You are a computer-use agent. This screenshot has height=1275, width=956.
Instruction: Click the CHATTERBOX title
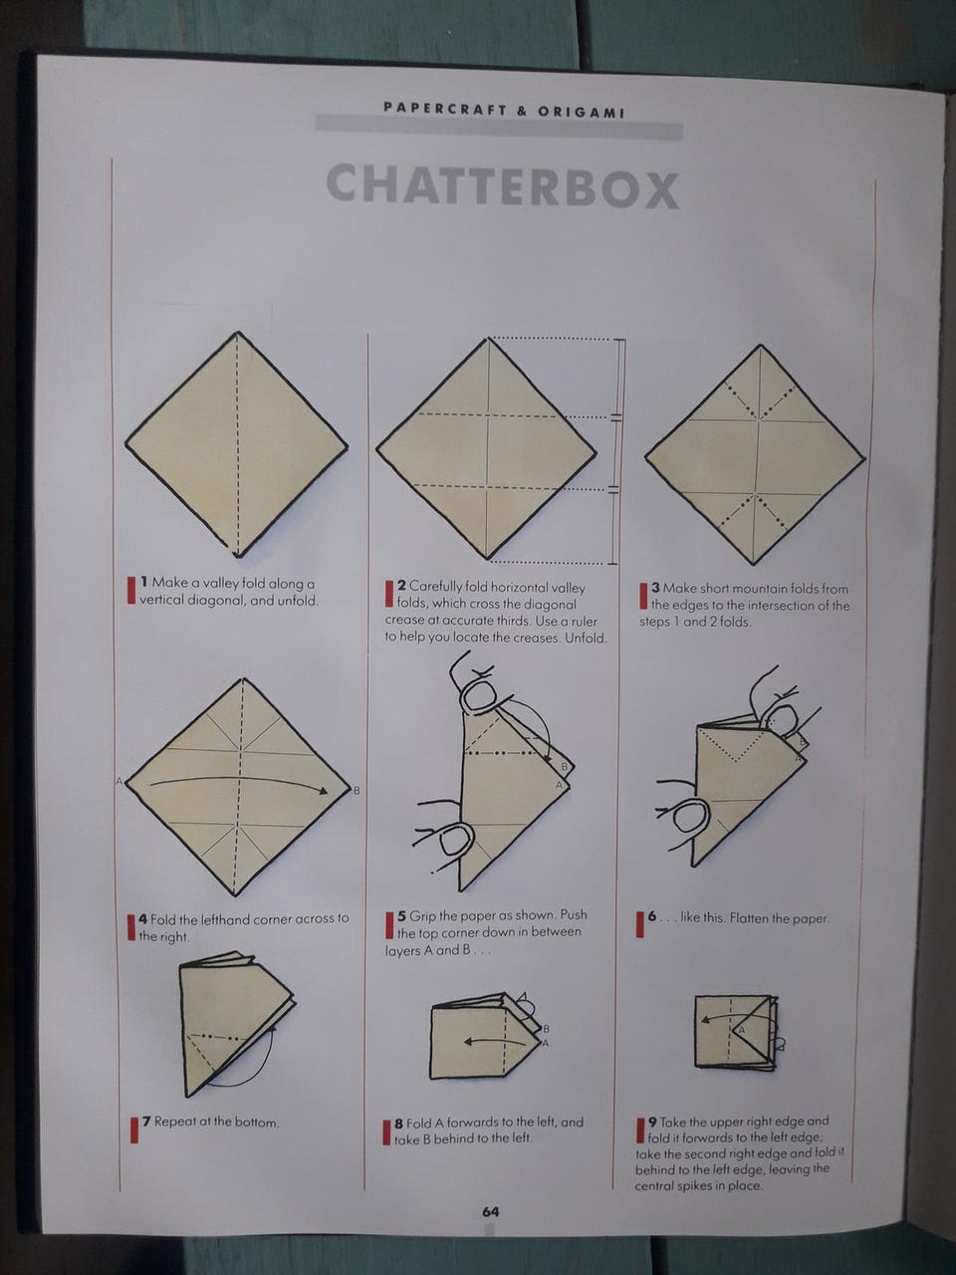tap(503, 186)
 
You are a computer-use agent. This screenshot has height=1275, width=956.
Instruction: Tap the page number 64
tap(491, 1211)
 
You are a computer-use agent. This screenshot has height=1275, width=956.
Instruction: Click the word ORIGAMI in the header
tap(582, 113)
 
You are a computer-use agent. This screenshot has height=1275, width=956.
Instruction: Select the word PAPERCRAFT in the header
tap(444, 110)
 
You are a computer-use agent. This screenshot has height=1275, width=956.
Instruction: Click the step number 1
tap(144, 582)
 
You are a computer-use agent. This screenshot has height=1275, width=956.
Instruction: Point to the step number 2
tap(401, 586)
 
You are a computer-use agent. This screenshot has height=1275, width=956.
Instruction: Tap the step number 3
tap(656, 588)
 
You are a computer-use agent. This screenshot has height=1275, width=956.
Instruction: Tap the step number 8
tap(398, 1123)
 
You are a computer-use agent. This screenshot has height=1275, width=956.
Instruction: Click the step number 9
tap(653, 1121)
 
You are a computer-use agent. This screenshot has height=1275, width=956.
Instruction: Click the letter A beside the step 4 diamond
tap(119, 781)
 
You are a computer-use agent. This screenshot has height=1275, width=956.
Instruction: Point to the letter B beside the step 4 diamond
tap(357, 791)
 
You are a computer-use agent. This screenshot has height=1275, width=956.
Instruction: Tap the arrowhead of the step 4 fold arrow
tap(323, 790)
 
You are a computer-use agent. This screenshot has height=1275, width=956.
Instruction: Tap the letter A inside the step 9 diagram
tap(740, 1029)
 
